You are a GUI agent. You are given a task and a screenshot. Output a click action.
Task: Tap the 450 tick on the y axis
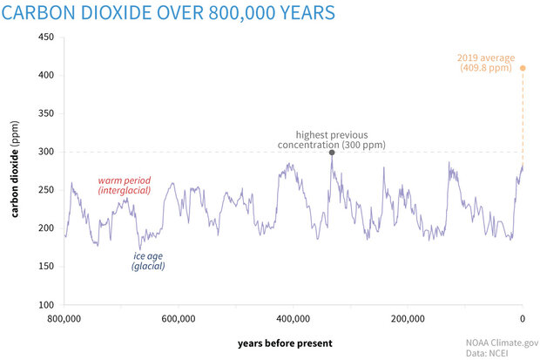point(45,37)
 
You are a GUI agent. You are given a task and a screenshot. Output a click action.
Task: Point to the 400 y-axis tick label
point(45,76)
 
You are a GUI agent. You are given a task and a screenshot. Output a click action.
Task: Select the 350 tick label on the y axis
point(45,114)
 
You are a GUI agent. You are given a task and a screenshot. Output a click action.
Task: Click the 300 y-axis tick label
point(45,153)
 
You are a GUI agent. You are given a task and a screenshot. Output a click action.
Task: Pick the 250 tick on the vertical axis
point(45,190)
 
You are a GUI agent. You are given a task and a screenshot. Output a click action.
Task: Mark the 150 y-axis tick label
point(45,267)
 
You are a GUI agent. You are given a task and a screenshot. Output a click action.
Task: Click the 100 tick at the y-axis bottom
point(45,305)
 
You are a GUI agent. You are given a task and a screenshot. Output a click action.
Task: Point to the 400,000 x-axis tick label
point(293,319)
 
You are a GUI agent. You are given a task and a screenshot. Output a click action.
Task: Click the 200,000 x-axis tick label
point(408,319)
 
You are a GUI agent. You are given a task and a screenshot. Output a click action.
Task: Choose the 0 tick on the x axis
point(523,319)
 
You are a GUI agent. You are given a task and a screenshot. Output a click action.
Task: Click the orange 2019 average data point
point(523,68)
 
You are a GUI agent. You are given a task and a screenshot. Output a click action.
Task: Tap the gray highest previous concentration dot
point(331,153)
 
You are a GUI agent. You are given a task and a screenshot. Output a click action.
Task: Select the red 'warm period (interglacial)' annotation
point(125,184)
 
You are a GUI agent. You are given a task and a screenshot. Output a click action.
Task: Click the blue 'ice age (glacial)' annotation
point(149,261)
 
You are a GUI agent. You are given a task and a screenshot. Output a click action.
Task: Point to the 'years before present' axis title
point(285,343)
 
